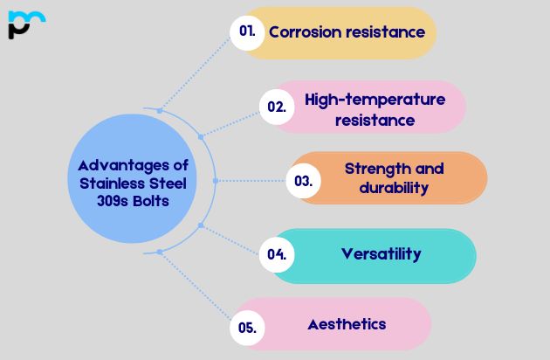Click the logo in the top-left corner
pyautogui.click(x=26, y=24)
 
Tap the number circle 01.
pyautogui.click(x=248, y=31)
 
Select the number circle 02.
pyautogui.click(x=277, y=107)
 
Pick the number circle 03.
pyautogui.click(x=304, y=181)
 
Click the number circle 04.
pyautogui.click(x=277, y=255)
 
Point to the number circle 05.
pyautogui.click(x=247, y=328)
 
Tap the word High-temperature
pyautogui.click(x=375, y=99)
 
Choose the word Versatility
pyautogui.click(x=381, y=254)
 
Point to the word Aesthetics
pyautogui.click(x=347, y=323)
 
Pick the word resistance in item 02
pyautogui.click(x=375, y=120)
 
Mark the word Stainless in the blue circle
pyautogui.click(x=108, y=183)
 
